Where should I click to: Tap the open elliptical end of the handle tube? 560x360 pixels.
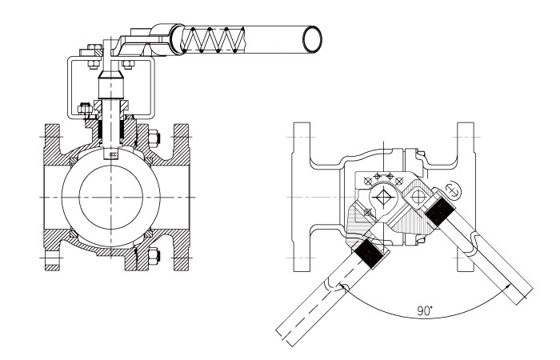click(x=311, y=37)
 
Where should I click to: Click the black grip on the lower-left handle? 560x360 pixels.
click(x=369, y=253)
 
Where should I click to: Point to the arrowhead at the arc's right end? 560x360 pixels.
click(x=521, y=298)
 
